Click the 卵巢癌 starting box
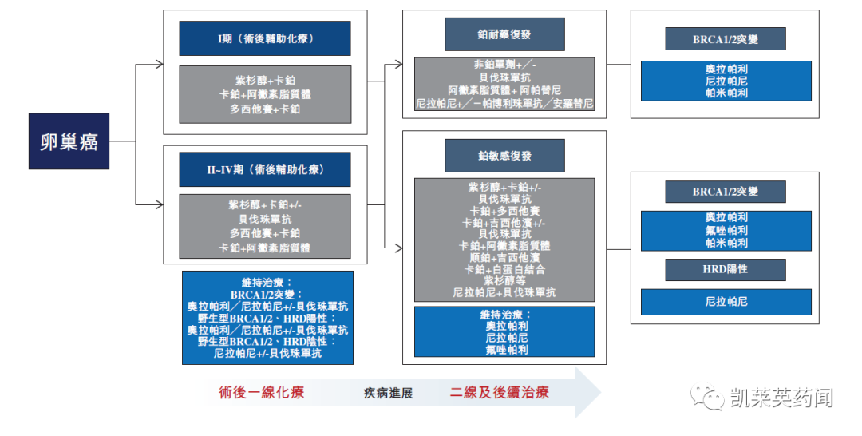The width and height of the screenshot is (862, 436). tap(69, 141)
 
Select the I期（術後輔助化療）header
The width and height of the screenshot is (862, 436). tap(264, 38)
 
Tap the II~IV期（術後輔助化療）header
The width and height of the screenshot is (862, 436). tap(264, 169)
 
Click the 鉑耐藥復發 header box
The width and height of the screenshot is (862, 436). tap(504, 34)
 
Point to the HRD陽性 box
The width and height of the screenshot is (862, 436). tap(725, 269)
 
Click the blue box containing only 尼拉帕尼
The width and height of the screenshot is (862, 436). tap(726, 302)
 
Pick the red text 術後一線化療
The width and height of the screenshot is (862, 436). tap(261, 393)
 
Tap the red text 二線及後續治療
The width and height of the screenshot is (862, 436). tap(499, 393)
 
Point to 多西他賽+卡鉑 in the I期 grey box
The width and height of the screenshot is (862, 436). tap(264, 109)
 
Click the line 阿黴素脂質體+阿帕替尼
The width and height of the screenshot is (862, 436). tap(504, 90)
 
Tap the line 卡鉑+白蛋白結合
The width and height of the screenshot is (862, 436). tap(504, 269)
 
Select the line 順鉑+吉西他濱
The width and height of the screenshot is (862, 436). tap(504, 257)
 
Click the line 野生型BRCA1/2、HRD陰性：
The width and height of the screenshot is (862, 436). tap(267, 341)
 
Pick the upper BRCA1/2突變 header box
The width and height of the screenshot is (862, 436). tap(725, 38)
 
